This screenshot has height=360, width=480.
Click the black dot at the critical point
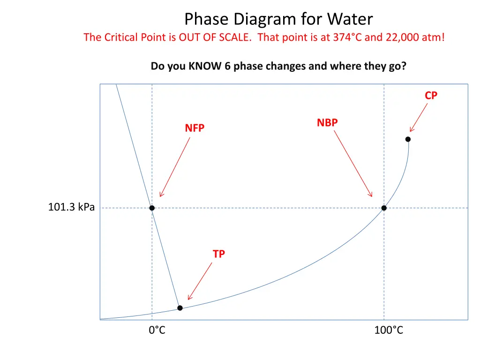point(408,139)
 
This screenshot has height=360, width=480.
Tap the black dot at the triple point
point(180,308)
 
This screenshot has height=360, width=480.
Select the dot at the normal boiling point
point(384,208)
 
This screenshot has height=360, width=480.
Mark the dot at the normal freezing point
point(152,208)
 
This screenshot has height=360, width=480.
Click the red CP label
point(431,96)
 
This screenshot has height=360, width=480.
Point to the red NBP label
point(327,123)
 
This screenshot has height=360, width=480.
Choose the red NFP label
point(195,128)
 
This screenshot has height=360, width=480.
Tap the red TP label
point(218,254)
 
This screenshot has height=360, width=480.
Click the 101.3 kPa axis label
point(71,207)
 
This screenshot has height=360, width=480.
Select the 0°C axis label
point(157,330)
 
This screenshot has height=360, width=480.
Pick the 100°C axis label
point(389,330)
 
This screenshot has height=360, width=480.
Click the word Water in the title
point(350,19)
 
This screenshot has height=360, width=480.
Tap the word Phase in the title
point(207,19)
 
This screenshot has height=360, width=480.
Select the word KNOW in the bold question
point(205,66)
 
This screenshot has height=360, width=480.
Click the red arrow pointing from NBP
point(353,163)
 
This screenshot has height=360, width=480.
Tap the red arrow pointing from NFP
point(175,167)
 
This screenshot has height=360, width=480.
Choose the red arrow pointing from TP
point(200,280)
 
